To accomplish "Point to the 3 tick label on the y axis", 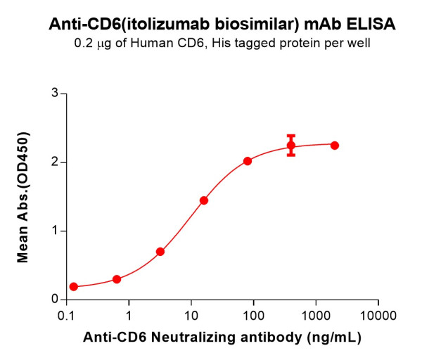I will pyautogui.click(x=53, y=94).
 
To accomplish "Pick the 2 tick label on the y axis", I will pyautogui.click(x=53, y=162).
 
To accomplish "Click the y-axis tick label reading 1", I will pyautogui.click(x=53, y=231).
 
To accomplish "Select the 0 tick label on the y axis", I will pyautogui.click(x=53, y=300).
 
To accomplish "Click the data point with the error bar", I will pyautogui.click(x=291, y=146).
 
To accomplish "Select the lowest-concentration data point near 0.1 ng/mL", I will pyautogui.click(x=74, y=287).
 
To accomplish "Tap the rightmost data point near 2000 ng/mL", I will pyautogui.click(x=335, y=146).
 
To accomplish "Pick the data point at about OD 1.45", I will pyautogui.click(x=204, y=200).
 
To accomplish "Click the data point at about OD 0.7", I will pyautogui.click(x=160, y=252).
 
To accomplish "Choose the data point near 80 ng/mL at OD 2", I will pyautogui.click(x=248, y=161).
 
